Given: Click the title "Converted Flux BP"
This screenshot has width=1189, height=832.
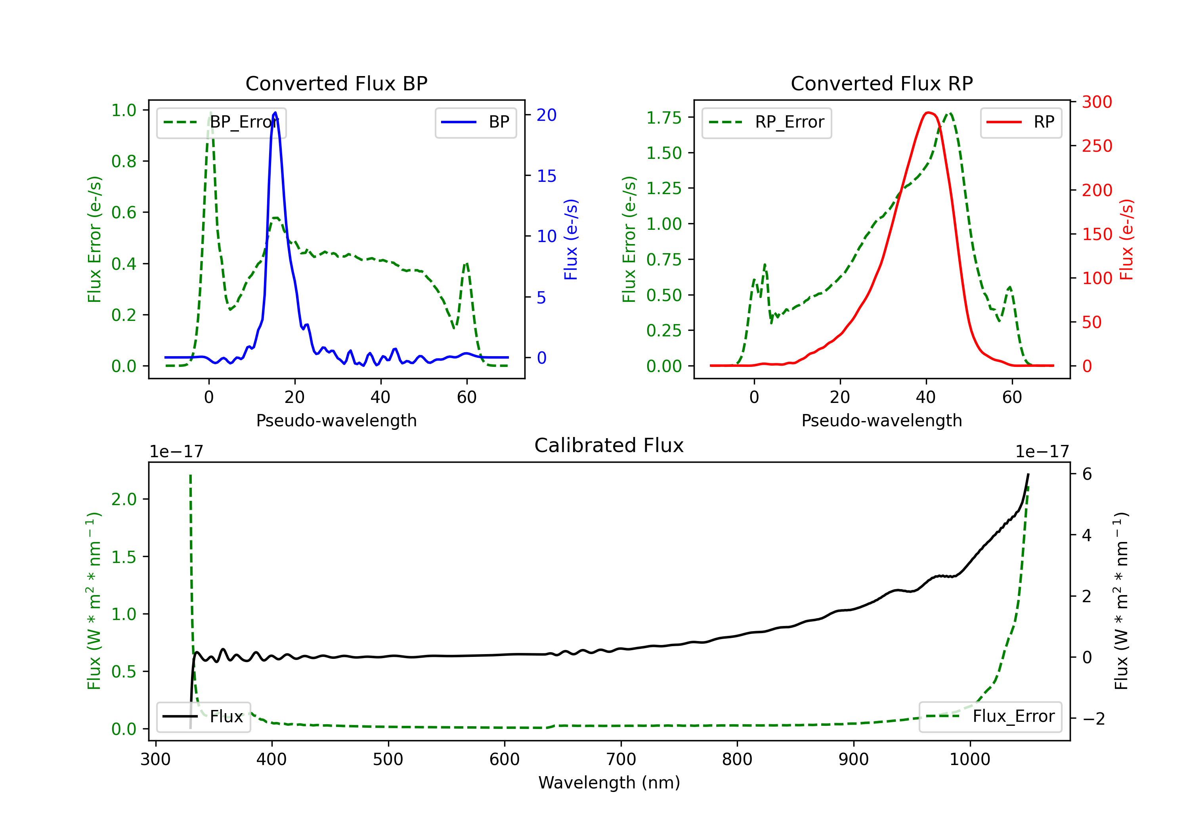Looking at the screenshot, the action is coord(336,83).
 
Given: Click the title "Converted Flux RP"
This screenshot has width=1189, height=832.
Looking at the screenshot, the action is coord(881,83).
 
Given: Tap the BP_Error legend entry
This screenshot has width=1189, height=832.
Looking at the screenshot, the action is coord(221,122).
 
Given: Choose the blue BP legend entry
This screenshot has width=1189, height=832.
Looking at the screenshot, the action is coord(475,122).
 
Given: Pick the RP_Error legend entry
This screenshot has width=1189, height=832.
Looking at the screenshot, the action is coord(767,122).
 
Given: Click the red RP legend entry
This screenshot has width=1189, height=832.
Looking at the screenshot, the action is coord(1021,122).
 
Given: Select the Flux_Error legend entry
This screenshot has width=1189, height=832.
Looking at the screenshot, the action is coord(990,717).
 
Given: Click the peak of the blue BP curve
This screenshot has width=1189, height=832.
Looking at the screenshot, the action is coord(275,113).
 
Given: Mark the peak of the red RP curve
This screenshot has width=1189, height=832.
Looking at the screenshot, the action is coord(927,113).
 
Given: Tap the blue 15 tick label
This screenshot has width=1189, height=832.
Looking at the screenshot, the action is coord(546,176).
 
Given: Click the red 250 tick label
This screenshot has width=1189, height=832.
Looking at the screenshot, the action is coord(1097,146).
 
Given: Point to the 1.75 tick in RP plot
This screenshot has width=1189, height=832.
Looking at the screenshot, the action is coord(664,118).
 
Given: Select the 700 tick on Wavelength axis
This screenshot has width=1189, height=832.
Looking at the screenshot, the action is coord(621,759).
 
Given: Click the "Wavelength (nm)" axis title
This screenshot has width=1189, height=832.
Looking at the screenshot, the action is coord(609,783).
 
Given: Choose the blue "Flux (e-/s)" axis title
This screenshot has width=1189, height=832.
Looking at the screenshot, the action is coord(571,240).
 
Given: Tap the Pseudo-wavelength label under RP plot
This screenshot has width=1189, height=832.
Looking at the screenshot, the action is coord(881,420).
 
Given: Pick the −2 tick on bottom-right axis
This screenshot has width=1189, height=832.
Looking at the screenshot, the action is coord(1093,719).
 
